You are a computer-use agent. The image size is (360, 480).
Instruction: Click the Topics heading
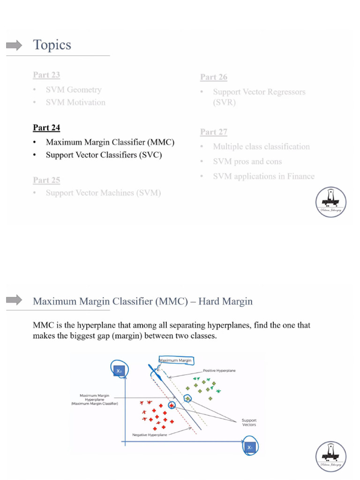coord(52,45)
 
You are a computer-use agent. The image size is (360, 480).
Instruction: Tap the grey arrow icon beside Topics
coord(14,45)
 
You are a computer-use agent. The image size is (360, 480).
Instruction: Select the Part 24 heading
coord(46,127)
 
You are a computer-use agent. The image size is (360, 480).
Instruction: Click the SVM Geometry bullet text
coord(73,90)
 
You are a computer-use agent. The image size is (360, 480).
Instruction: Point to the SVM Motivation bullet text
coord(75,102)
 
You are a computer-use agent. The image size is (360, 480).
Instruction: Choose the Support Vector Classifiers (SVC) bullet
coord(104,155)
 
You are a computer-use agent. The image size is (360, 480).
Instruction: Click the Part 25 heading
coord(46,180)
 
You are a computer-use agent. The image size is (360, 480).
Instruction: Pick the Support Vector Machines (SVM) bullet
coord(103,193)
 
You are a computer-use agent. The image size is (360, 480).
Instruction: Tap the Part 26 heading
coord(214,77)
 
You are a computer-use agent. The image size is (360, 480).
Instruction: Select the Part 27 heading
coord(214,132)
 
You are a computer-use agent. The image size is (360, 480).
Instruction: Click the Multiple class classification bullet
coord(261,147)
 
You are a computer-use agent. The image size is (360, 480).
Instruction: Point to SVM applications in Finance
coord(263,176)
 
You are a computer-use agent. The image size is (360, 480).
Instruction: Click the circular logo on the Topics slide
coord(330,202)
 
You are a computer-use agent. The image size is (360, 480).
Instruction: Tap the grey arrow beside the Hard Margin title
coord(14,300)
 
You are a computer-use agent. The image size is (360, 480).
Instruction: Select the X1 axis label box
coord(250,448)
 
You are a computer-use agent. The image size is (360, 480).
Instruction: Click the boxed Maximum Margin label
coord(176,360)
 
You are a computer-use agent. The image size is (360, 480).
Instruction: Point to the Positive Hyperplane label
coord(219,370)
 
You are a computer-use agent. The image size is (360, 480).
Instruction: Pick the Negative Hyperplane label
coord(150,435)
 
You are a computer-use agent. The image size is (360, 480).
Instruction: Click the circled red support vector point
coord(172,405)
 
